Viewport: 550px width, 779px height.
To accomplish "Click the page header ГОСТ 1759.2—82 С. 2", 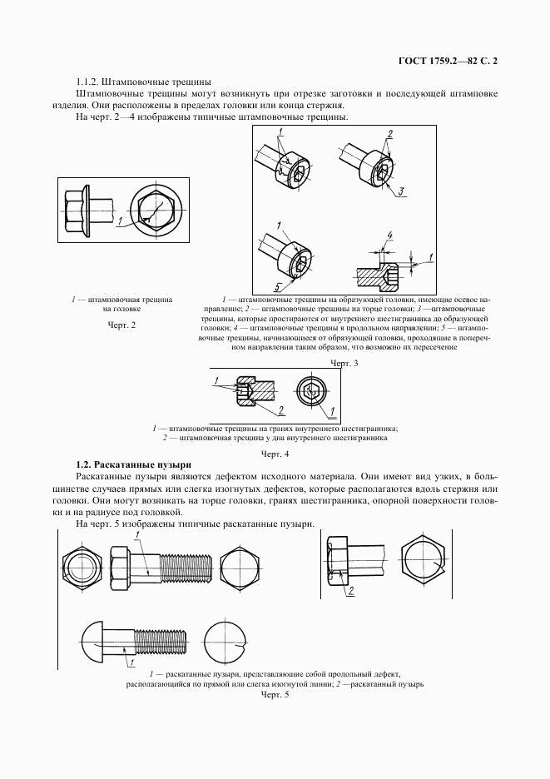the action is (x=448, y=61).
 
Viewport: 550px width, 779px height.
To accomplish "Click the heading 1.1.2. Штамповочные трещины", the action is (x=144, y=82).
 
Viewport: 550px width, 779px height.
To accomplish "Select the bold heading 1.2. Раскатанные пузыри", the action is (x=134, y=465).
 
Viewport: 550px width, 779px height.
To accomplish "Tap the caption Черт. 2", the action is (x=121, y=325).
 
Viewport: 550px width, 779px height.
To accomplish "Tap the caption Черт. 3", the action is (x=344, y=363).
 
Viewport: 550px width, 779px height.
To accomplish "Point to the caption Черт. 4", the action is (x=275, y=454).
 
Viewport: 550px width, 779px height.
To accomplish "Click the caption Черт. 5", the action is (x=275, y=696).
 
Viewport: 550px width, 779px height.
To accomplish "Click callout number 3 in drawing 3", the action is (x=402, y=191).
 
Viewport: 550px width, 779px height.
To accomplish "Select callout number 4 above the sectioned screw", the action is (x=390, y=235).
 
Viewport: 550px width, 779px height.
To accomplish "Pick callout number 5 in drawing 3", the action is (x=278, y=285).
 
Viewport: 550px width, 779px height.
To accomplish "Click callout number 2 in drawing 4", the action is (x=280, y=409).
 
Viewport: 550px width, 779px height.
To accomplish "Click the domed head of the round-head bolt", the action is (x=92, y=638).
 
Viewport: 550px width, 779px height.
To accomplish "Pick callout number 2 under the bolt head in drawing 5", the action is (x=350, y=591).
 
